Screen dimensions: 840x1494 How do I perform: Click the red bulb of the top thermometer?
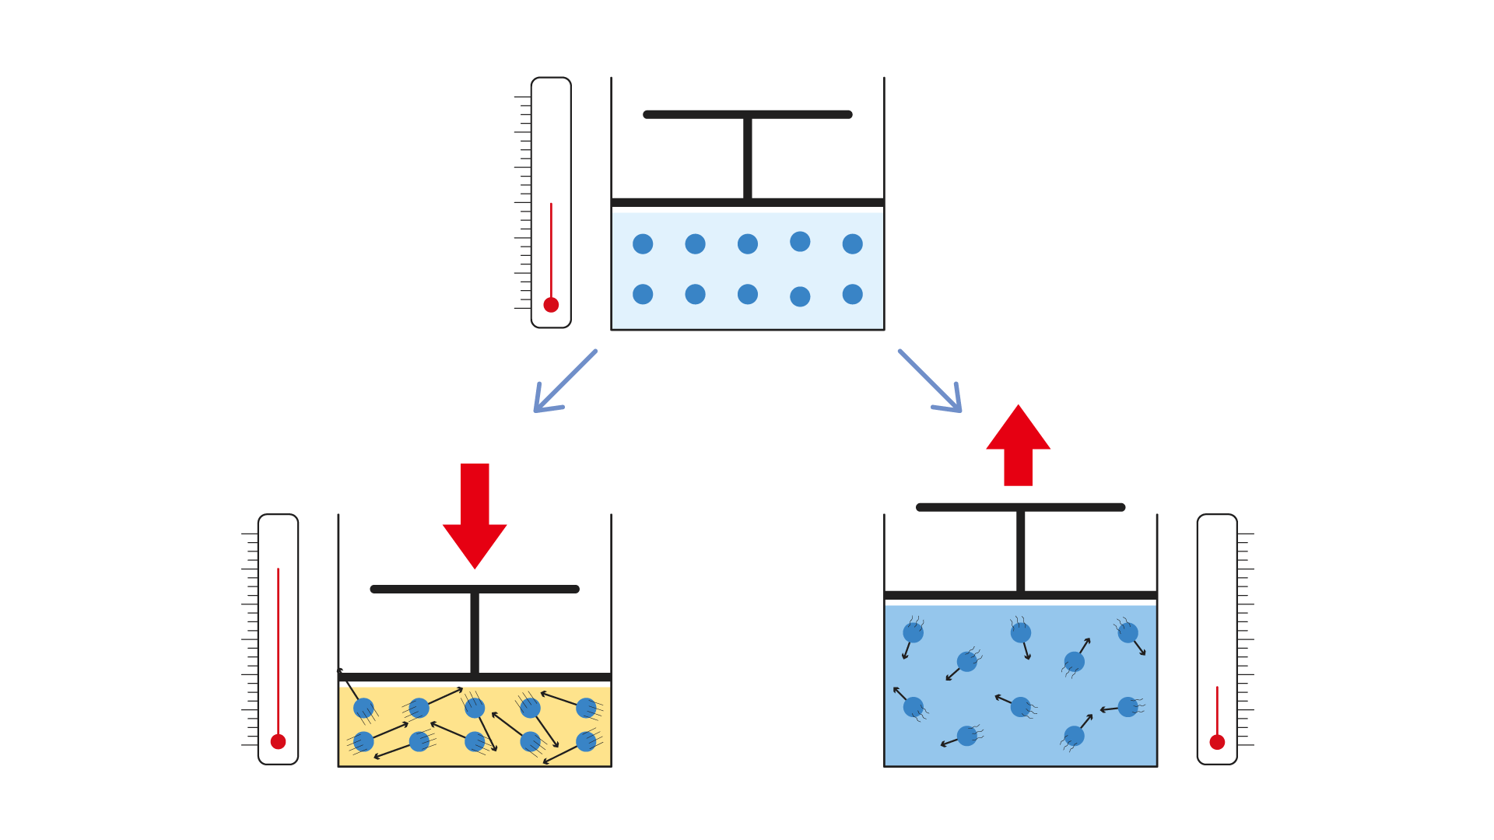click(x=551, y=305)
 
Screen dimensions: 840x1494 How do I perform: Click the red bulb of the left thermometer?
click(x=278, y=741)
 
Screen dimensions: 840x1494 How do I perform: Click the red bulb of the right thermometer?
click(x=1217, y=742)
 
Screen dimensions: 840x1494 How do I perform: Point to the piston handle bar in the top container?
click(x=747, y=114)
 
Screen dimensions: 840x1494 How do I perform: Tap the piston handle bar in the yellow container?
click(x=475, y=589)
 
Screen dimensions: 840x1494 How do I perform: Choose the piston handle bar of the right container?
click(x=1020, y=507)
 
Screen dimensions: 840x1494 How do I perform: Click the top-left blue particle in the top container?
click(x=643, y=244)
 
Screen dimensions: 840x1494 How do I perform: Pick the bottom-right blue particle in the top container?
click(x=852, y=294)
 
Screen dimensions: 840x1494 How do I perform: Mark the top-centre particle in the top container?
click(x=747, y=244)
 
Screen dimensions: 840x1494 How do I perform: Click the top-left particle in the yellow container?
click(x=363, y=708)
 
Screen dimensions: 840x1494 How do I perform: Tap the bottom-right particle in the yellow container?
click(x=586, y=741)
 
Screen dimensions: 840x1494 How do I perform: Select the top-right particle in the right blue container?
click(x=1128, y=632)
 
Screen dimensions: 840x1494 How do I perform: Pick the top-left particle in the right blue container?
click(x=913, y=632)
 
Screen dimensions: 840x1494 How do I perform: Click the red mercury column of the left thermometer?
click(x=278, y=646)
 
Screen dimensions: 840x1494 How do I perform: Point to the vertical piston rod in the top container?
click(x=747, y=159)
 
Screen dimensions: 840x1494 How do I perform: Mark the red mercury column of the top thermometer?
click(x=551, y=249)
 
